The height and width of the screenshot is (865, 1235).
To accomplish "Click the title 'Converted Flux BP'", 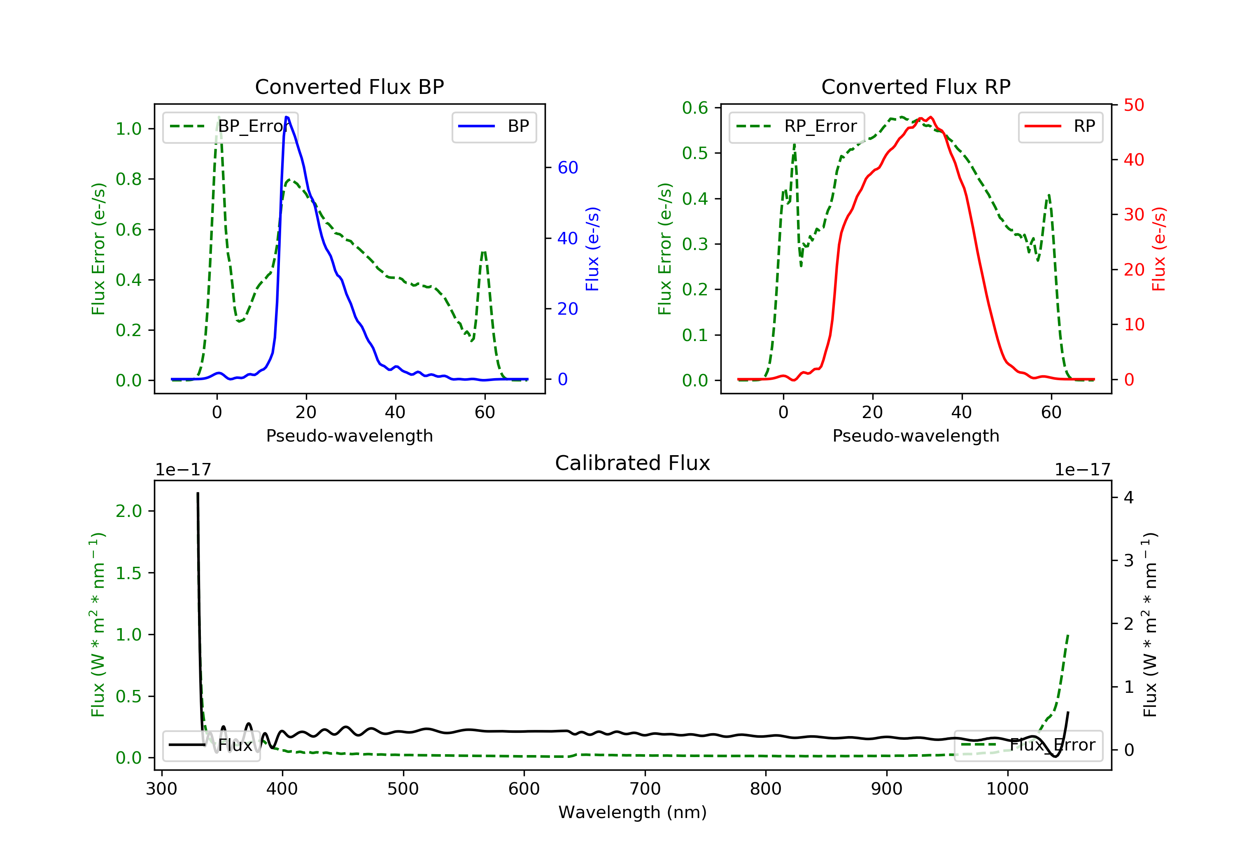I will coord(349,86).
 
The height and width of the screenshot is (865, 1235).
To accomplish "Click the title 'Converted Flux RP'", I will coord(916,86).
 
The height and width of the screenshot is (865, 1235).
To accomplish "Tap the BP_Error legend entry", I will coord(230,126).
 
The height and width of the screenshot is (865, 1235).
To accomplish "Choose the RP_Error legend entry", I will coord(797,126).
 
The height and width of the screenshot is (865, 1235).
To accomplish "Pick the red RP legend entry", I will coord(1060,126).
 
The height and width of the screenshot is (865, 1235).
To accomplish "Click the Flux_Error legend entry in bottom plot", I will coord(1028,745).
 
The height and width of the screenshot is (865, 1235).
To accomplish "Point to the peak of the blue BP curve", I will coord(287,117).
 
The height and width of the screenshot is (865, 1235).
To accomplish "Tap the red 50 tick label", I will coord(1134,105).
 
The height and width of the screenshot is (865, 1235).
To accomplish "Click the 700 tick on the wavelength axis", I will coord(645,789).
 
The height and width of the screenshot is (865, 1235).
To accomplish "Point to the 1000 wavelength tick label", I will coord(1007,789).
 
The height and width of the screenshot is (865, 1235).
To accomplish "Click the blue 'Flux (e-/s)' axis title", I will coord(592,249).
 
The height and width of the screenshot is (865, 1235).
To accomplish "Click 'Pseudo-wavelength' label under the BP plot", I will coord(349,435).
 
